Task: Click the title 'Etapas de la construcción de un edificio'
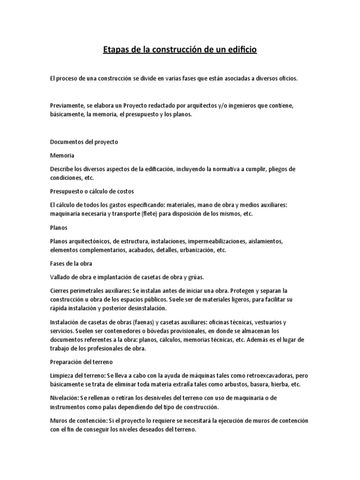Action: (x=180, y=49)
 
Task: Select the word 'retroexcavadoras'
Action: (x=259, y=376)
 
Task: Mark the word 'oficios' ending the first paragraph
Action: (x=299, y=79)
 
